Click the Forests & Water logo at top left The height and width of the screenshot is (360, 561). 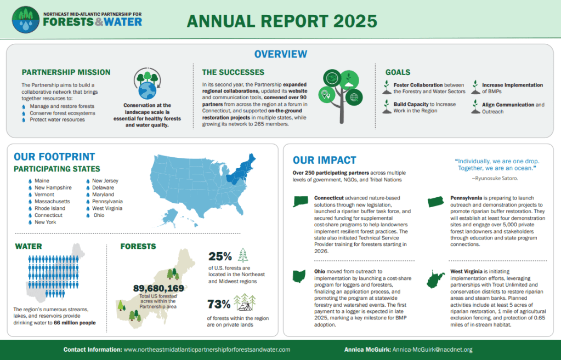pyautogui.click(x=77, y=20)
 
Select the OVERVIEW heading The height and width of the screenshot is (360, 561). pyautogui.click(x=280, y=54)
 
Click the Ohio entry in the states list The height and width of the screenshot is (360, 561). pyautogui.click(x=99, y=215)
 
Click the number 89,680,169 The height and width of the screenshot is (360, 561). pyautogui.click(x=158, y=288)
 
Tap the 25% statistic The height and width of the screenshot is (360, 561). pyautogui.click(x=220, y=256)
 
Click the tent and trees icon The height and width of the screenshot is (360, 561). pyautogui.click(x=245, y=302)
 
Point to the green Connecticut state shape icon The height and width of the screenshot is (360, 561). pyautogui.click(x=301, y=201)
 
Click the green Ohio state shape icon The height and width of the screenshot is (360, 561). pyautogui.click(x=300, y=276)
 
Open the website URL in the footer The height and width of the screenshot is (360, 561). pyautogui.click(x=207, y=349)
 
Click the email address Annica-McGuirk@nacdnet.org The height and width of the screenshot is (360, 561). pyautogui.click(x=433, y=349)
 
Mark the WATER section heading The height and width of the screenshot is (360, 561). pyautogui.click(x=28, y=246)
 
